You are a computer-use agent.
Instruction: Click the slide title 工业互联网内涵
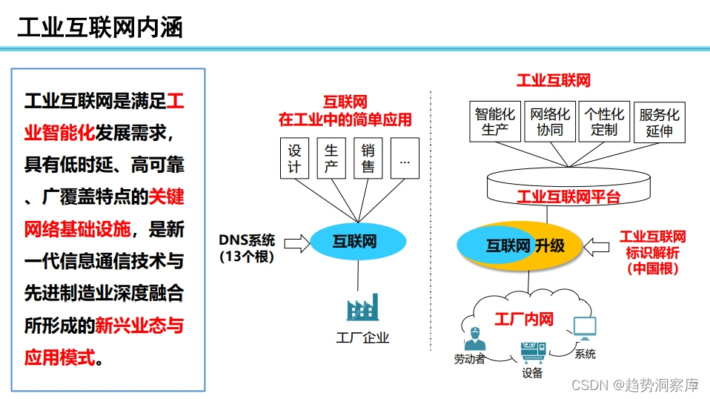click(x=100, y=27)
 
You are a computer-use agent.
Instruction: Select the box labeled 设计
click(x=294, y=158)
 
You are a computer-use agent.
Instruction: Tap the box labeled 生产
click(x=331, y=158)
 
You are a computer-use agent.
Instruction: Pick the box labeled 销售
click(x=368, y=158)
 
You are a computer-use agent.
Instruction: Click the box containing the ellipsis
click(x=405, y=158)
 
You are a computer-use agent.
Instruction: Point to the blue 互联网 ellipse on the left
click(x=357, y=241)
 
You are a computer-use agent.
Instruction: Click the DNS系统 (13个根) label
click(x=247, y=248)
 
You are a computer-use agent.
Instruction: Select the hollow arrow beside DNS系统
click(x=296, y=242)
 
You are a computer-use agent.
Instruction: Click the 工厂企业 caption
click(x=362, y=338)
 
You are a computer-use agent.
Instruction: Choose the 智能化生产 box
click(x=494, y=122)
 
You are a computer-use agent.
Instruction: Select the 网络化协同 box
click(x=550, y=122)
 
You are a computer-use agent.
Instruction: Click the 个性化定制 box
click(x=604, y=122)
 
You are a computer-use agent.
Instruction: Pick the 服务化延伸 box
click(x=659, y=122)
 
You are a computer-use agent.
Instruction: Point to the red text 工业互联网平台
click(x=568, y=197)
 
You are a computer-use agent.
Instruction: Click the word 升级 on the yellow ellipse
click(x=551, y=245)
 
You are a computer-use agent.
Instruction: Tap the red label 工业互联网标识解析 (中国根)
click(x=652, y=252)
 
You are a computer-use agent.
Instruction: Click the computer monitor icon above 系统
click(x=585, y=328)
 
